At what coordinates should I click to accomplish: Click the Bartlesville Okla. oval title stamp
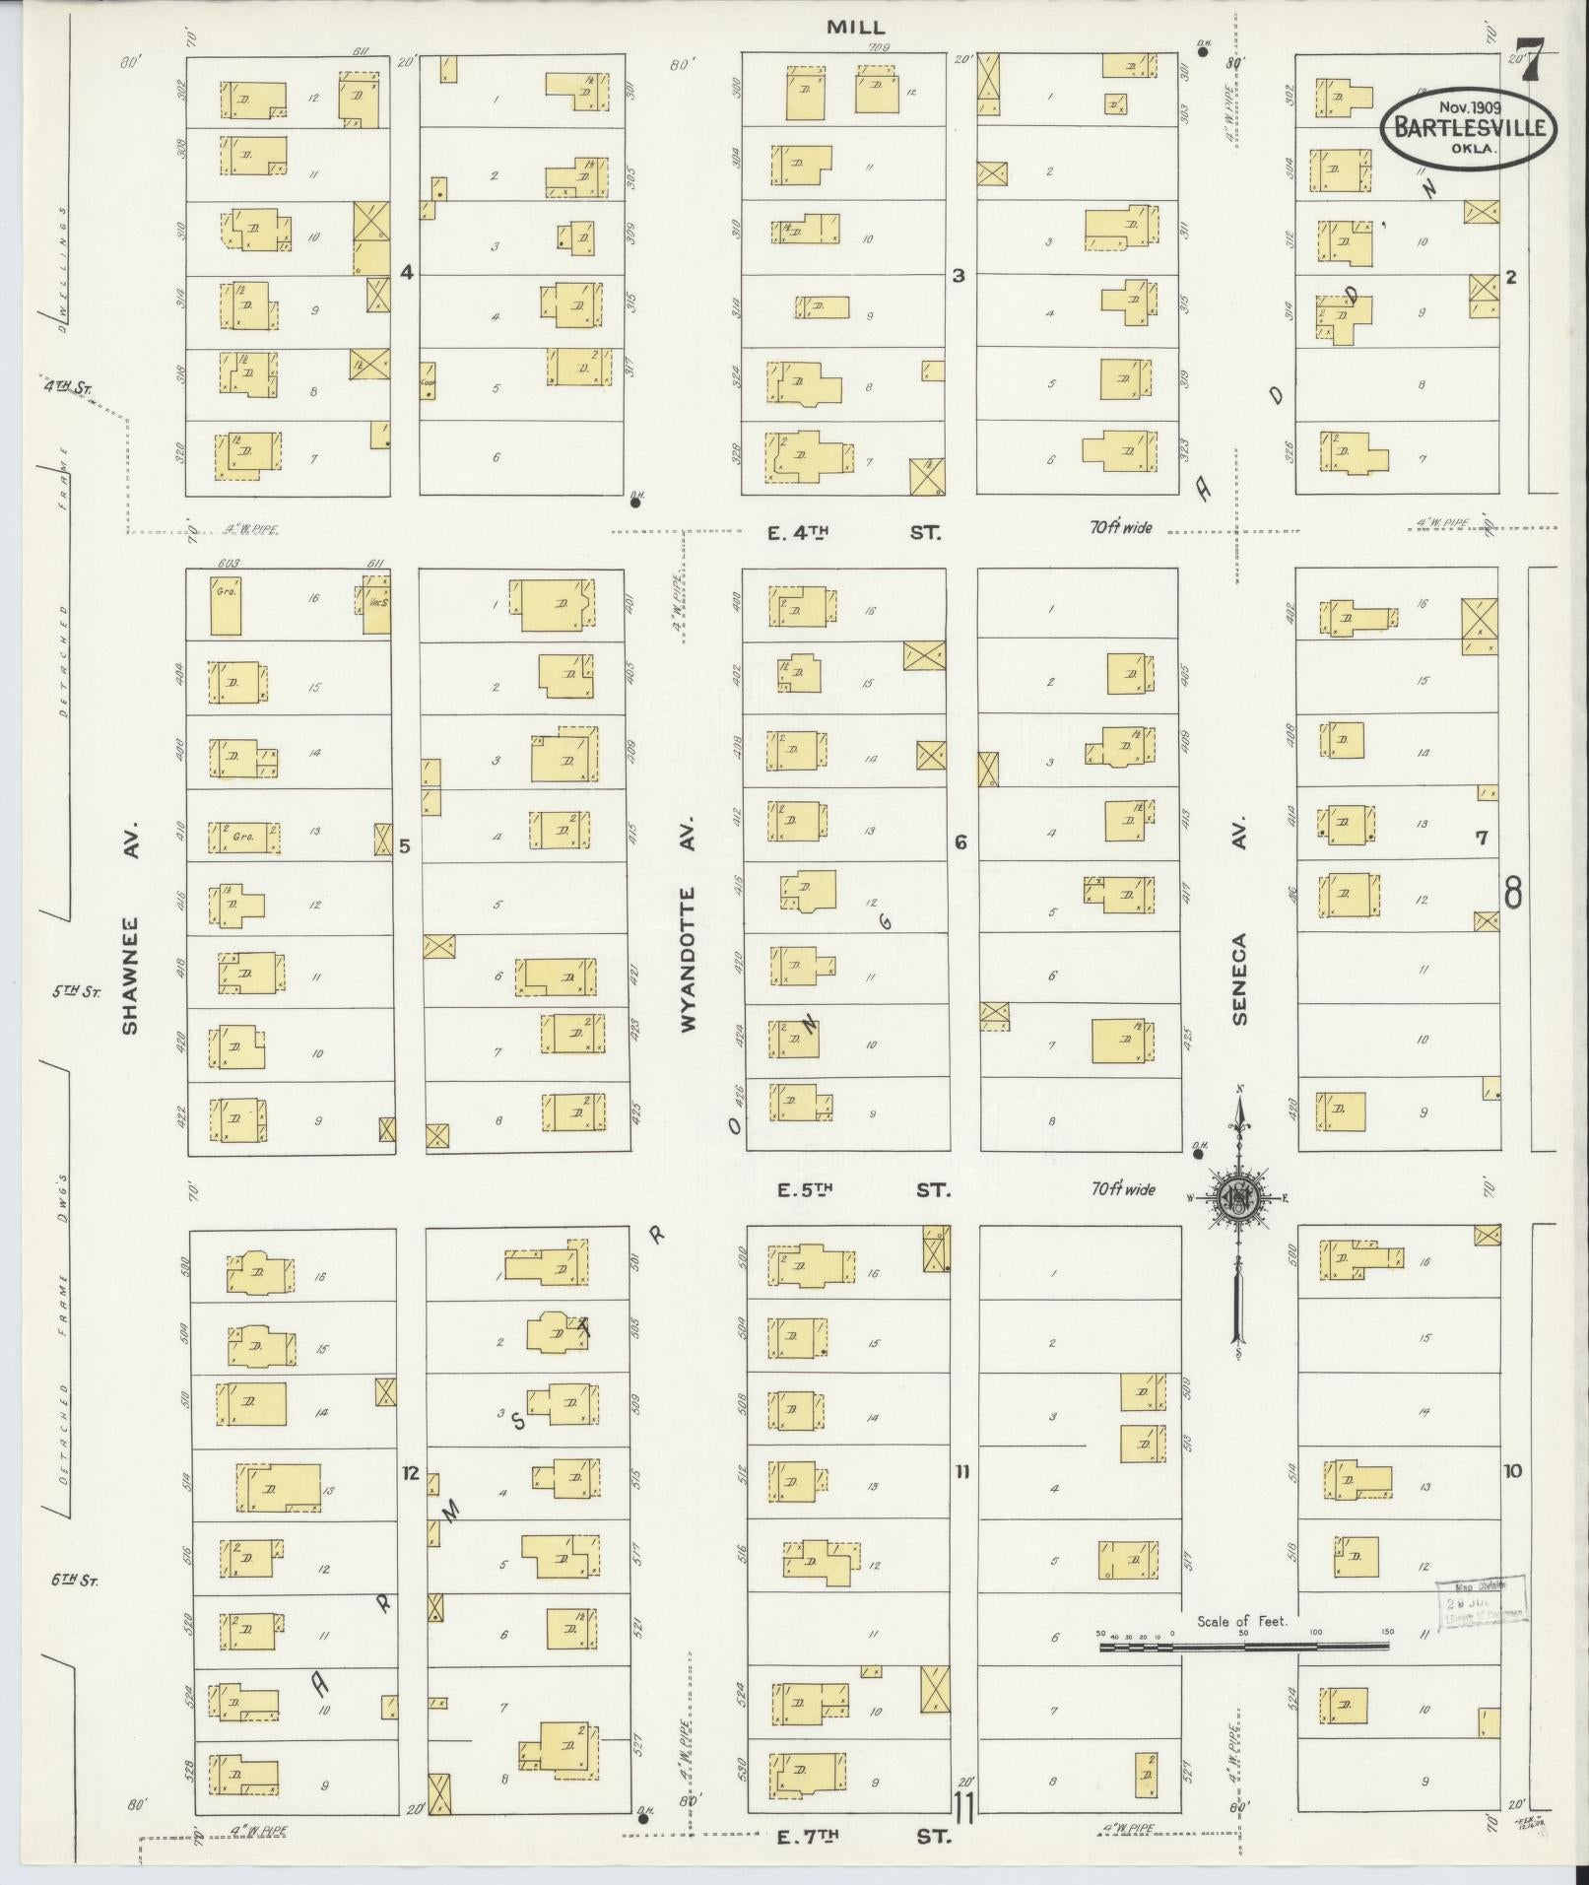(1468, 128)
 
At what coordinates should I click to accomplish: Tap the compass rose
(1238, 1198)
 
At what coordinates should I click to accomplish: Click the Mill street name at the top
(855, 29)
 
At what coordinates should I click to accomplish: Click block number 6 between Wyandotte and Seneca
(960, 842)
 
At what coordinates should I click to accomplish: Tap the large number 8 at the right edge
(1513, 892)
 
